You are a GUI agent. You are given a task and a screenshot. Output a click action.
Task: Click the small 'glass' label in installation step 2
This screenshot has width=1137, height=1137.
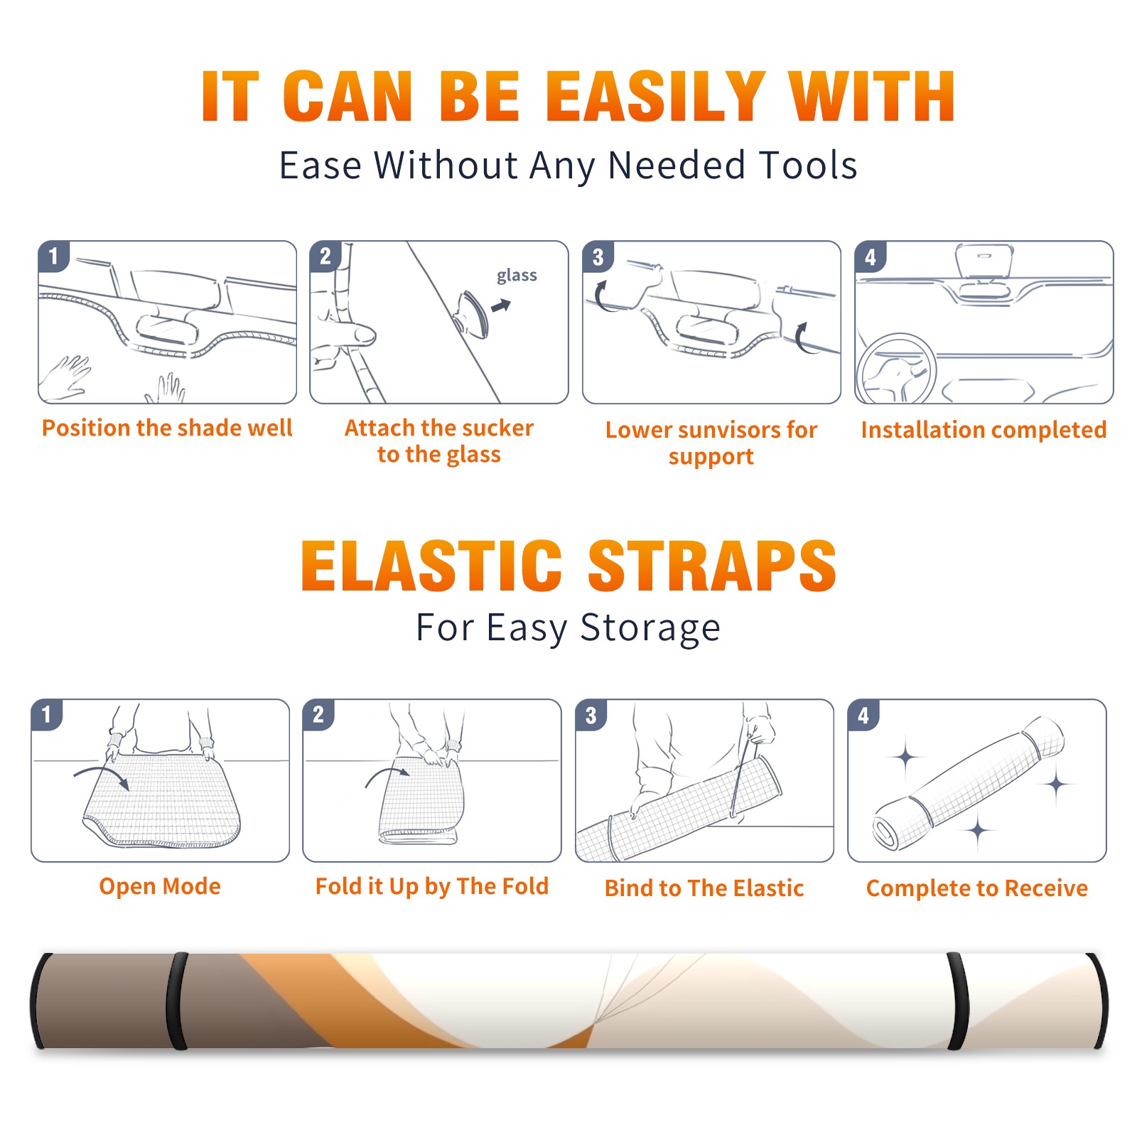(x=517, y=276)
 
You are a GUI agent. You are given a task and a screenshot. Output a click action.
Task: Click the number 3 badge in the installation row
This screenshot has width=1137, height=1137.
(x=598, y=257)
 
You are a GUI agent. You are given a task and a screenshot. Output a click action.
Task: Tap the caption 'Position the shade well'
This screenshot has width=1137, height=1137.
(x=167, y=428)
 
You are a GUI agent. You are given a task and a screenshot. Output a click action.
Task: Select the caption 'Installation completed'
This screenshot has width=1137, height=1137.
(x=984, y=430)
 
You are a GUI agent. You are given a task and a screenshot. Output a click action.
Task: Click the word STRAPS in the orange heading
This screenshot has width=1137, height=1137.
(x=712, y=566)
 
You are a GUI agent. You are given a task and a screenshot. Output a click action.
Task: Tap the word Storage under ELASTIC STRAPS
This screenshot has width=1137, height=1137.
(x=650, y=628)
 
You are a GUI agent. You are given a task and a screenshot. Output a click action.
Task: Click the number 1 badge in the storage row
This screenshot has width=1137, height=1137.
(x=47, y=714)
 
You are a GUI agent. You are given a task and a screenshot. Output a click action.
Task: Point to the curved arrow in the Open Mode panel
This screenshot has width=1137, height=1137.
(x=102, y=776)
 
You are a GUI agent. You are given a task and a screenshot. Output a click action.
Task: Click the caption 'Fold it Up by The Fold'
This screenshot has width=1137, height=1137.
(x=432, y=887)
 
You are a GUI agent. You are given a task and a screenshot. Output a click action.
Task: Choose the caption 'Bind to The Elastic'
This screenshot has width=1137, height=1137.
(x=704, y=888)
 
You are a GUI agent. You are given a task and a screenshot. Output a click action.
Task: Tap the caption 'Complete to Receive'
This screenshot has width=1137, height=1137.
(x=977, y=888)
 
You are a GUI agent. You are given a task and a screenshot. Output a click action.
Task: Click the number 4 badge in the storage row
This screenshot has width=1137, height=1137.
(x=863, y=715)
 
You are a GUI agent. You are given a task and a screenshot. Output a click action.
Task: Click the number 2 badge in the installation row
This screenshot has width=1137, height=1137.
(x=325, y=257)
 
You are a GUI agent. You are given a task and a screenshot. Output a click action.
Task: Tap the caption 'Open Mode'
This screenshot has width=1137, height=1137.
(x=160, y=886)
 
